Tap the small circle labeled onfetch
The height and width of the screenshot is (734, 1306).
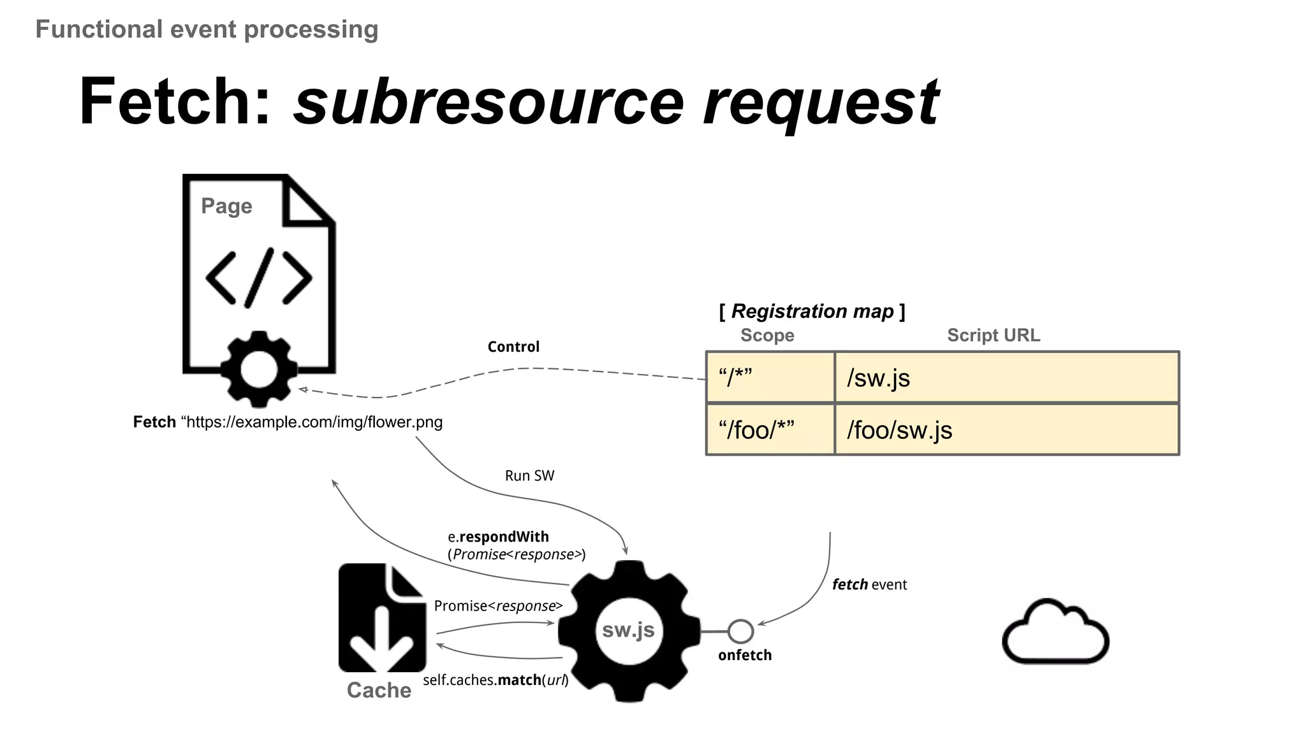[740, 631]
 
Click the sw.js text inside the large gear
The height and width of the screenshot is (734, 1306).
[628, 630]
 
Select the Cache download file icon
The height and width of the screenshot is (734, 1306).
[382, 617]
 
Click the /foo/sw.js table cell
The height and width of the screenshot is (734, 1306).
[1006, 430]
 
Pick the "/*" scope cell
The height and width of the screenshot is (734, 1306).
[770, 378]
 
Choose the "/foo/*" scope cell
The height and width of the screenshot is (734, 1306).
[770, 430]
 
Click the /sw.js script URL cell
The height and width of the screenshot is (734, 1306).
[1006, 378]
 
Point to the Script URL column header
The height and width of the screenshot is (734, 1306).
[993, 335]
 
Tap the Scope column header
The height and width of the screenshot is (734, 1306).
[767, 335]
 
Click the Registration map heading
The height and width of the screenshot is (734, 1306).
[812, 312]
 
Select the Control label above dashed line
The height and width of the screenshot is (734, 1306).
[513, 347]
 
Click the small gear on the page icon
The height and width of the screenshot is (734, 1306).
[259, 370]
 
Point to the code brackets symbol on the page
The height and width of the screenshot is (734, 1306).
[259, 278]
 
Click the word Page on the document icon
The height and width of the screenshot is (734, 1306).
[226, 206]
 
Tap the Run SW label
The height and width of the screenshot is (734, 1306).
[529, 476]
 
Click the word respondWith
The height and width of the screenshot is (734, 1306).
[504, 537]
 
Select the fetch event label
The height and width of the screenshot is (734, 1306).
[869, 584]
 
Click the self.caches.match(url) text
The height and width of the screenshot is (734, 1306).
[495, 680]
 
